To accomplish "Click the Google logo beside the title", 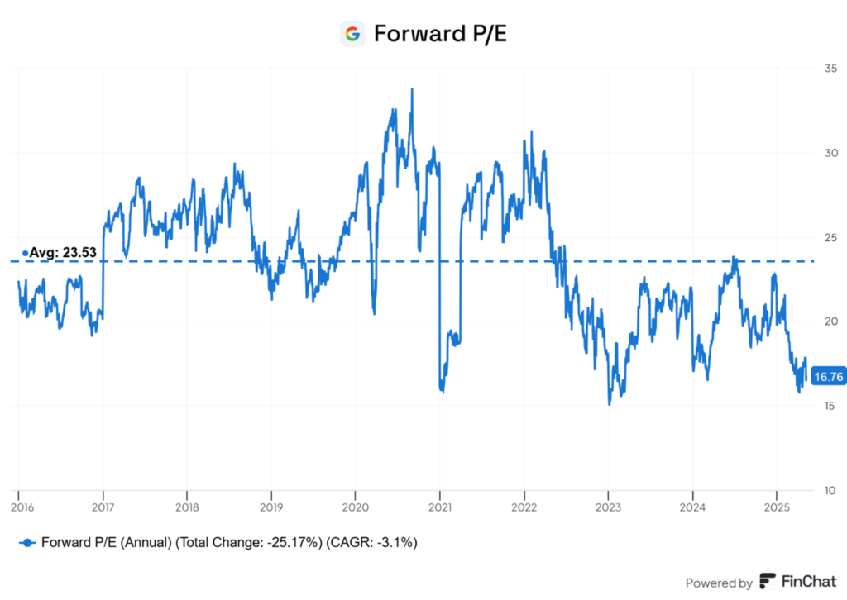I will click(352, 34).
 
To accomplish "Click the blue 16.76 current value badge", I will click(828, 376).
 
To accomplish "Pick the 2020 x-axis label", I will click(355, 505).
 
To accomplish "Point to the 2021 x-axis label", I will click(439, 505).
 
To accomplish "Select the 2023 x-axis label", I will click(608, 505).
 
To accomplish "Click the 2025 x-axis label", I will click(776, 505).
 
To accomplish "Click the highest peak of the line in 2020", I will click(412, 89).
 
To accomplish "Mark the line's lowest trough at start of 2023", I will click(609, 404).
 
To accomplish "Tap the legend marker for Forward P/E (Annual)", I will click(29, 543).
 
